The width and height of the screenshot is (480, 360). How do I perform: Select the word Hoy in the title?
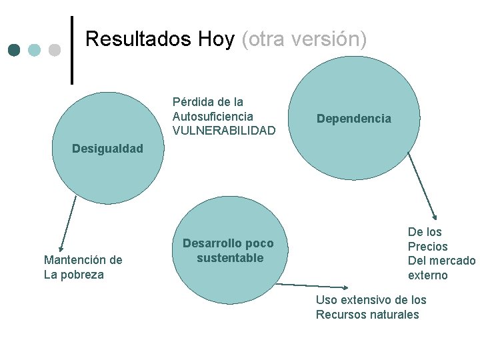pos(216,39)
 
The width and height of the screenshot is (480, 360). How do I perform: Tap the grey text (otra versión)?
pos(304,39)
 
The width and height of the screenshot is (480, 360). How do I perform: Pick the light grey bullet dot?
pos(55,50)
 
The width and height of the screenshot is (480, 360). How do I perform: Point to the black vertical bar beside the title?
pos(72,50)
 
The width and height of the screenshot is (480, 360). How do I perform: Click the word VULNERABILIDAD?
pos(223,131)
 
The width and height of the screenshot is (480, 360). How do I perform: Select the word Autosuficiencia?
pos(213,117)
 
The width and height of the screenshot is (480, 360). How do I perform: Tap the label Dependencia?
pos(354,119)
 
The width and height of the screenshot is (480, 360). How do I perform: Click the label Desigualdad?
pos(107,148)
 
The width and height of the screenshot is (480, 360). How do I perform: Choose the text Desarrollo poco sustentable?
pos(228,251)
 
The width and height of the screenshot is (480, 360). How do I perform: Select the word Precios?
pos(427,247)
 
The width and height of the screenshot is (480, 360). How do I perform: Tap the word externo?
pos(427,275)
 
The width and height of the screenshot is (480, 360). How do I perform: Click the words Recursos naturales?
pos(367,315)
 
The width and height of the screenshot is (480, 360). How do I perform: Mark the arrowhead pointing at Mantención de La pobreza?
pos(61,247)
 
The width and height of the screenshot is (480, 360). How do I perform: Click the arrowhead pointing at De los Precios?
pos(434,216)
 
